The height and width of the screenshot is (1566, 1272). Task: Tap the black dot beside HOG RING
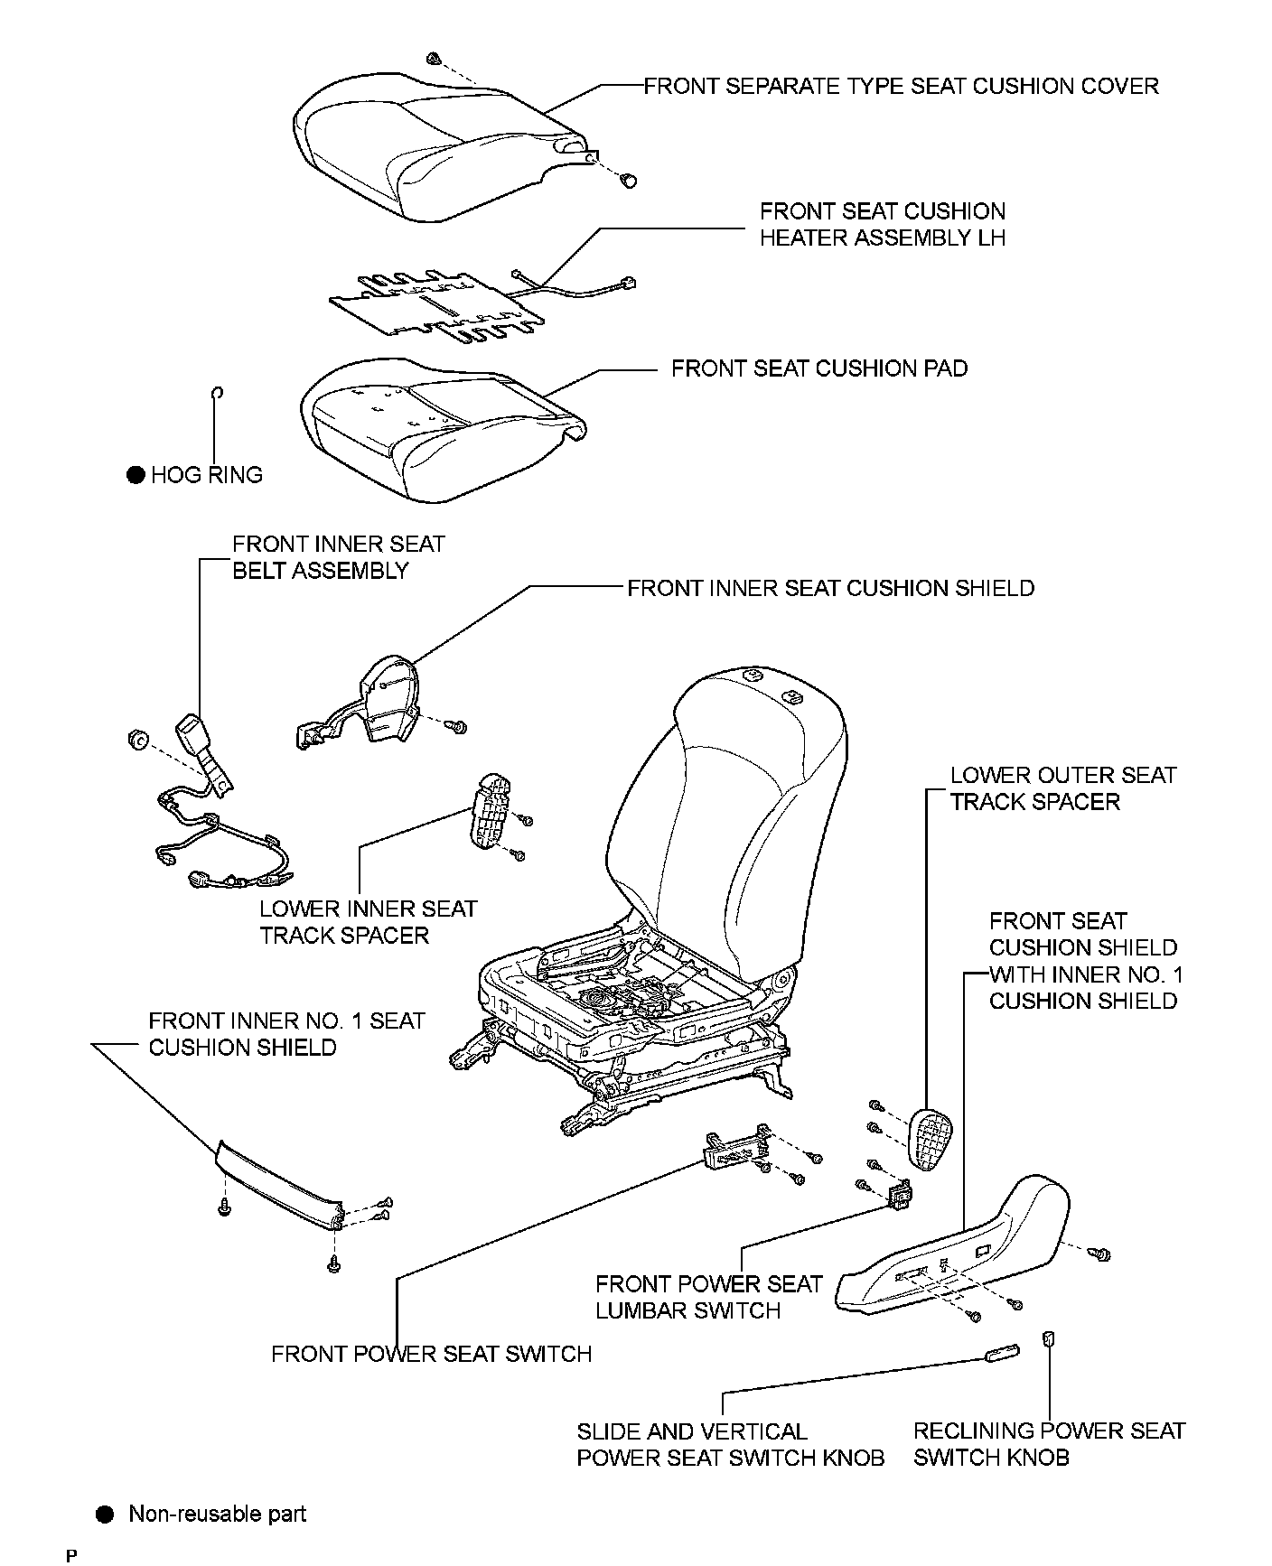(x=136, y=475)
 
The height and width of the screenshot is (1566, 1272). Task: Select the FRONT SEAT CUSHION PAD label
(x=819, y=368)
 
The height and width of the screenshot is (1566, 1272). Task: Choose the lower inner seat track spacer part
(x=489, y=810)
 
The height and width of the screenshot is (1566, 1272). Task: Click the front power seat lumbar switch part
(x=900, y=1196)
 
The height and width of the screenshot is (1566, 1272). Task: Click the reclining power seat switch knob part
(x=1049, y=1338)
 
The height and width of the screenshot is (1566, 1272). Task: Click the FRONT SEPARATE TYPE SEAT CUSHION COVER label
(x=901, y=86)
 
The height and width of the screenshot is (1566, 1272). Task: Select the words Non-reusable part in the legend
(x=218, y=1514)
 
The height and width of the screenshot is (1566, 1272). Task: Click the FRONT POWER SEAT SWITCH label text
(x=432, y=1354)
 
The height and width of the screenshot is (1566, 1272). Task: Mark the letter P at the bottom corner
(x=71, y=1555)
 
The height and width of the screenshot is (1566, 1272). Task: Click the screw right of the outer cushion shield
(x=1100, y=1254)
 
